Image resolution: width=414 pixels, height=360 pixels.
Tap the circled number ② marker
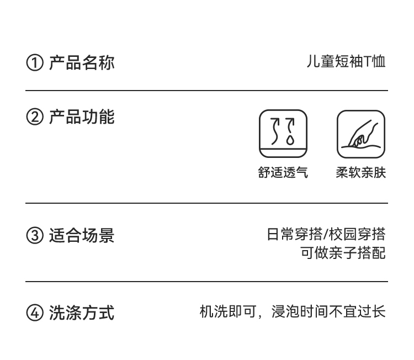point(34,118)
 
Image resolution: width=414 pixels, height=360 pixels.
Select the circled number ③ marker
point(34,236)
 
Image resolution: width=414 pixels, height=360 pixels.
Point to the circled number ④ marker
point(34,313)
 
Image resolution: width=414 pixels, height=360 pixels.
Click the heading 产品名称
point(82,62)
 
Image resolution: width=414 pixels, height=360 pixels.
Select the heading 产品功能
point(82,117)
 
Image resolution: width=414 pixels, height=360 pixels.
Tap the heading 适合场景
point(82,235)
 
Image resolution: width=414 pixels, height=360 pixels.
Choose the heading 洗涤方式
point(82,313)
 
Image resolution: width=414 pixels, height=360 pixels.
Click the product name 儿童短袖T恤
point(346,62)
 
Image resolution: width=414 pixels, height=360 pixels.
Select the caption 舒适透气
point(283,173)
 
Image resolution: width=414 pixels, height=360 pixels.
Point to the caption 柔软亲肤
point(361,173)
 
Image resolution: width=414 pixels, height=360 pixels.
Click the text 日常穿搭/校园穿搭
point(326,234)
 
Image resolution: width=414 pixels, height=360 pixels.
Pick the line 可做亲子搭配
point(342,253)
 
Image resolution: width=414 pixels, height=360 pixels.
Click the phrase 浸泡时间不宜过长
point(328,312)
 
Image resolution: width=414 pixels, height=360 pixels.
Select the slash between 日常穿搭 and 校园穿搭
point(326,234)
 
